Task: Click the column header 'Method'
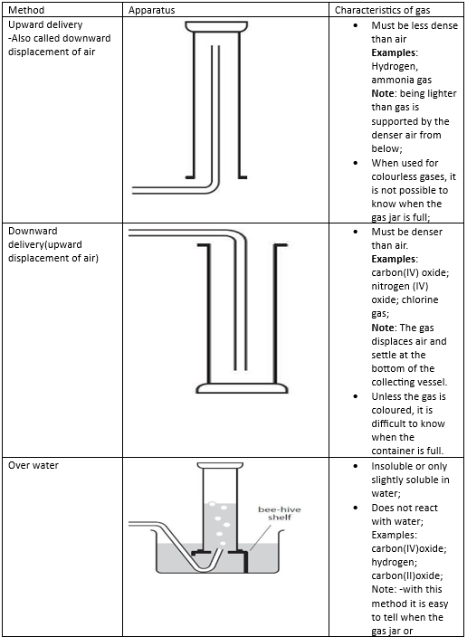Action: coord(26,10)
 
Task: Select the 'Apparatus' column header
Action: coord(152,10)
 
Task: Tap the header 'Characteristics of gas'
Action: coord(382,10)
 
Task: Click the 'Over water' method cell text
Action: coord(33,465)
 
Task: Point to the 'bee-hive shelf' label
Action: coord(280,513)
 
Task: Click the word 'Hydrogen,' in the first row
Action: coord(395,66)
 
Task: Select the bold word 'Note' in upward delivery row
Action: coord(383,93)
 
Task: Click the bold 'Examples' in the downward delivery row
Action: coord(394,259)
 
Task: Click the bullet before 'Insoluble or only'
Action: coord(356,466)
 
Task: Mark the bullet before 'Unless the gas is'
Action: coord(356,396)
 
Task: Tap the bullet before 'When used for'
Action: coord(356,163)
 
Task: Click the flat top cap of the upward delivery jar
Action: coord(216,26)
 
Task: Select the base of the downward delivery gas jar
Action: coord(243,388)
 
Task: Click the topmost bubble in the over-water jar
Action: coord(212,504)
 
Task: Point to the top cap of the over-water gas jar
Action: coord(220,465)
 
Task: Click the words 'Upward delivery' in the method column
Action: coord(45,24)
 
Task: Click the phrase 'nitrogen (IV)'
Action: coord(400,287)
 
